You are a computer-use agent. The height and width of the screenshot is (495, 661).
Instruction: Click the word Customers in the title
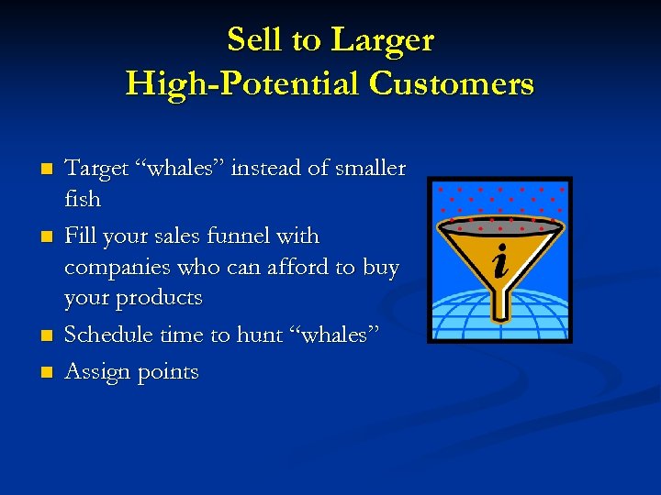451,83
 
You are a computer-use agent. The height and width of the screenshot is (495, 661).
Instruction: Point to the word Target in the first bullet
96,169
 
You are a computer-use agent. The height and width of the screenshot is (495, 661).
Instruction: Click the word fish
83,199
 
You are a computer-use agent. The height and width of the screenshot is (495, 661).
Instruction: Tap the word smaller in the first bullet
368,169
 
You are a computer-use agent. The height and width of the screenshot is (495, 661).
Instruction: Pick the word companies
116,269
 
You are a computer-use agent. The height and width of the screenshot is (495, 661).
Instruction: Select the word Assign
97,372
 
